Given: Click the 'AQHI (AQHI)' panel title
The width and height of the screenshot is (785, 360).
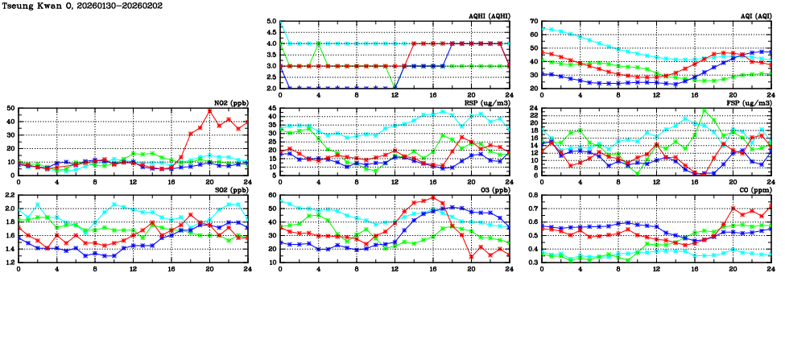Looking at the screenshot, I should (487, 15).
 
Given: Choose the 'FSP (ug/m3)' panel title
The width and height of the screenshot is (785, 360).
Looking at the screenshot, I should (750, 102).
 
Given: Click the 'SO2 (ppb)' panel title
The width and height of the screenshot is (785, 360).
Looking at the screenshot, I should (230, 189).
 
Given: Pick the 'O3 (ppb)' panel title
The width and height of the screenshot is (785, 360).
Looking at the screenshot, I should (492, 189).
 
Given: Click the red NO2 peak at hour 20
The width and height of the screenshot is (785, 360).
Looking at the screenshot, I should (209, 111).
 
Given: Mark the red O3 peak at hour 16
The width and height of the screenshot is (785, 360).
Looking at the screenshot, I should (432, 197).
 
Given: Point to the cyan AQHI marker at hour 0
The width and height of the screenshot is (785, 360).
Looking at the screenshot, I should (279, 23).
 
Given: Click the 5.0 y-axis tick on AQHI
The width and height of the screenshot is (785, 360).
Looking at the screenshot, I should (271, 22).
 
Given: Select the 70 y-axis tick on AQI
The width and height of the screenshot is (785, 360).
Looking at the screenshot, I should (535, 22).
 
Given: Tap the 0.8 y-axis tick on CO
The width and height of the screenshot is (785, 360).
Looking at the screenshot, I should (534, 196).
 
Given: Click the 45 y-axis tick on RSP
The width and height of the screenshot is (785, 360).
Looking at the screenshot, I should (271, 109).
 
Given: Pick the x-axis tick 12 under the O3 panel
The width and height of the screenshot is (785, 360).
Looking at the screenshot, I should (395, 270).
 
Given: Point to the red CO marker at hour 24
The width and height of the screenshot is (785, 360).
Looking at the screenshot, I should (771, 206).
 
